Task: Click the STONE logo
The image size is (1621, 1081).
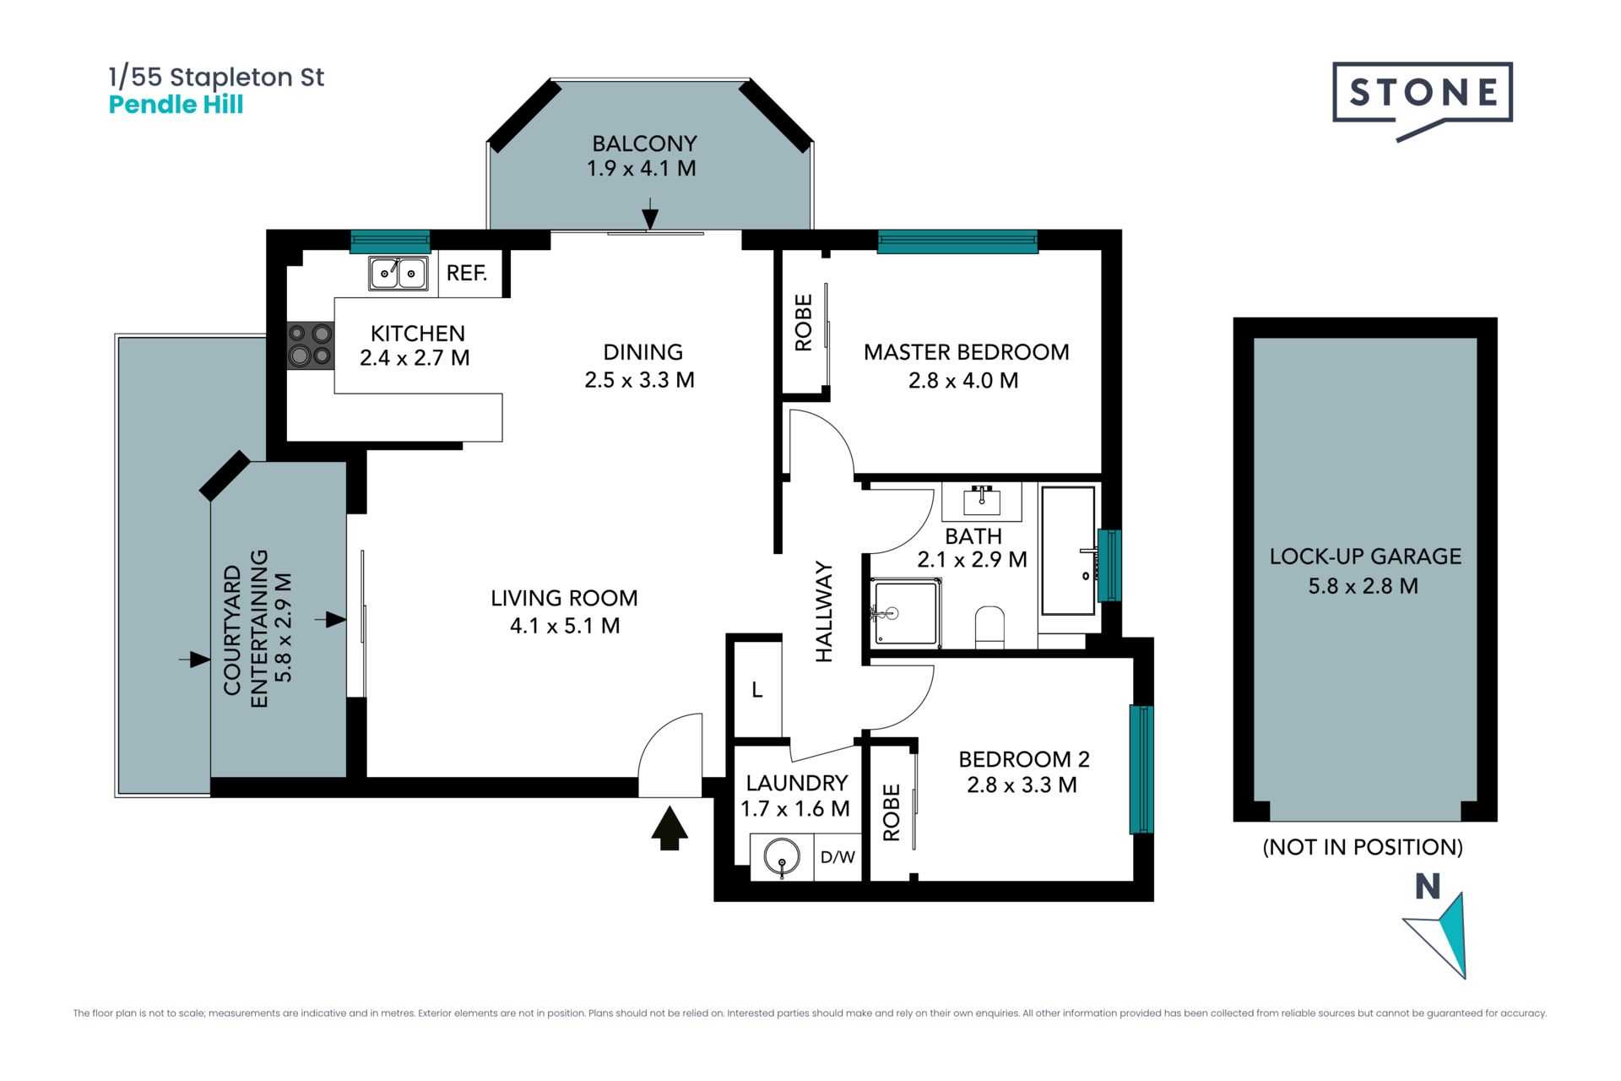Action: (1423, 100)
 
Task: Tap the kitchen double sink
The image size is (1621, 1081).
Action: (398, 273)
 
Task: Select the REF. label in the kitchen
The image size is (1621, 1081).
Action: (467, 273)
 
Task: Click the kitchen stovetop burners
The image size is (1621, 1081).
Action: (310, 345)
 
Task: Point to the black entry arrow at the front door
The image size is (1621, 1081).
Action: (670, 828)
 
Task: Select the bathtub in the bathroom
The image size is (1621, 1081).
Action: (1068, 550)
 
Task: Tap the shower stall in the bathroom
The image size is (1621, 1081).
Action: (906, 612)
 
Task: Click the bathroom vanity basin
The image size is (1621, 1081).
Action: (982, 502)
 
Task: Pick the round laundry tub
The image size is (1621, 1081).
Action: (782, 857)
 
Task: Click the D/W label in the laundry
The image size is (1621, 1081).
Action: (838, 857)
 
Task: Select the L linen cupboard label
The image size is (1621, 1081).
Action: (757, 690)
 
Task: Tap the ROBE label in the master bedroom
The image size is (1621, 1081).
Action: (804, 323)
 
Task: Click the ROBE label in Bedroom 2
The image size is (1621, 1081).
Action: (892, 812)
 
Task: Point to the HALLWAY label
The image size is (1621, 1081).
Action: (824, 611)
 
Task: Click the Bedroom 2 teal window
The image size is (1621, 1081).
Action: (1141, 769)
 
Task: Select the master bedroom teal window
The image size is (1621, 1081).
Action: (957, 242)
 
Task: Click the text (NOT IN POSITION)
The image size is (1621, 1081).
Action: (1363, 847)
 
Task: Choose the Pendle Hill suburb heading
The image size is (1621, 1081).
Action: (176, 105)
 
